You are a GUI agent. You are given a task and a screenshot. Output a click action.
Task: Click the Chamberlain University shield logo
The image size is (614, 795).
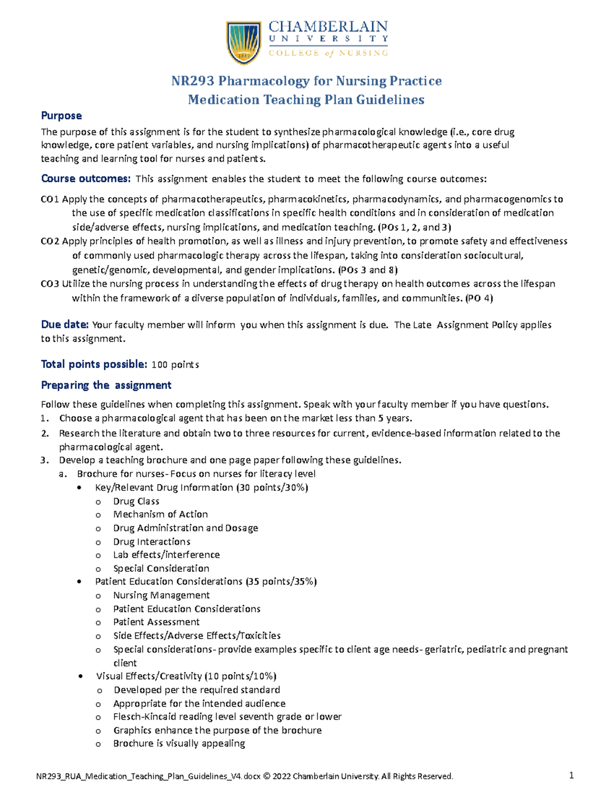tap(244, 43)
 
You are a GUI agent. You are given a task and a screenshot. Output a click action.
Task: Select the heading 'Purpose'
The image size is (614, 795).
tap(61, 116)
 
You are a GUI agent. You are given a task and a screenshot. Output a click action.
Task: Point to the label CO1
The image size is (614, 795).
tap(50, 199)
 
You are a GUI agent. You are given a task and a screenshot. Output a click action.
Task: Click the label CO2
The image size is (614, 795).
tap(50, 241)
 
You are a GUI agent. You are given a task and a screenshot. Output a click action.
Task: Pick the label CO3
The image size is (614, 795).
tap(50, 284)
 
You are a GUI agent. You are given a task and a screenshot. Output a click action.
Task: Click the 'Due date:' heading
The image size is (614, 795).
tap(65, 325)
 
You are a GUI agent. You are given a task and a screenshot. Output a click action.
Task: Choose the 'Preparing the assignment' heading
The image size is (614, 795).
tap(106, 385)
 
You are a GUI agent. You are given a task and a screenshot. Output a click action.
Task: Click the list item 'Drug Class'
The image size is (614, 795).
tap(136, 501)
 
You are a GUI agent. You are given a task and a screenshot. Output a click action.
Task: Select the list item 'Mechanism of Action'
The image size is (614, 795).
tap(160, 514)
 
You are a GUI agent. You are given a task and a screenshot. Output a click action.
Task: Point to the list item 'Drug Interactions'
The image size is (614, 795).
tap(151, 542)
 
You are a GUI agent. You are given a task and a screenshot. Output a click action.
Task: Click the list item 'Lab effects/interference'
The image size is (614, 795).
tap(166, 554)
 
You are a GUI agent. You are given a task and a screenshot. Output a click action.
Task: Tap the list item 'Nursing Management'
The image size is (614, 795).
tap(161, 595)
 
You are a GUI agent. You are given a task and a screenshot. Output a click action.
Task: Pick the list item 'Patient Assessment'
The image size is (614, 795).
tap(156, 622)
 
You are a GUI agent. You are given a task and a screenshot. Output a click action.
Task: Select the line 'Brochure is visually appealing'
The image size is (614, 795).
tap(179, 743)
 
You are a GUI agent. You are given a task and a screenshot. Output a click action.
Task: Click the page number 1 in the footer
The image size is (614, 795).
tap(571, 776)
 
